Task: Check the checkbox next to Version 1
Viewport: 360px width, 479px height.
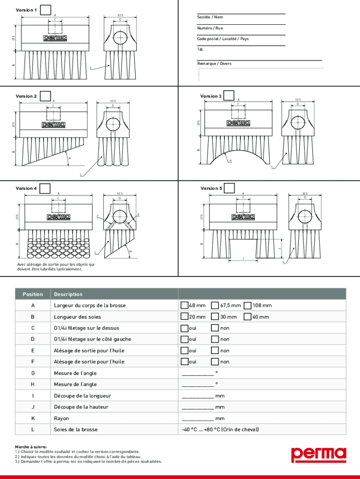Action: click(46, 10)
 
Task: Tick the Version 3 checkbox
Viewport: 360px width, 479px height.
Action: click(229, 95)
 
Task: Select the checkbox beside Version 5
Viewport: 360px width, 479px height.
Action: click(230, 188)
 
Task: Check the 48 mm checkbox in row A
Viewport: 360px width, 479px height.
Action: click(185, 305)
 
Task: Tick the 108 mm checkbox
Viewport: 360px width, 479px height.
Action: click(248, 305)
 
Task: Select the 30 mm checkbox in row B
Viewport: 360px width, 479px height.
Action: click(215, 317)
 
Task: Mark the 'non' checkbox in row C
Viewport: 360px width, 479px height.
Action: click(215, 328)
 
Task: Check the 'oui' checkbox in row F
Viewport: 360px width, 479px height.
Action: click(185, 362)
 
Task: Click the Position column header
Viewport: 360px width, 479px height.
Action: click(33, 294)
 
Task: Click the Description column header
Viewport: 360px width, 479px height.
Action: click(68, 294)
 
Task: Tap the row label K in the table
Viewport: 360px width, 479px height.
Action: click(33, 418)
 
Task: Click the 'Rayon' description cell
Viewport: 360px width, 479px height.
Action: click(61, 418)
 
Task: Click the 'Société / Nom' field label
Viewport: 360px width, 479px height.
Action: click(210, 17)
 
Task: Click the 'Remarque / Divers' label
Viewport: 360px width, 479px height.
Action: click(214, 64)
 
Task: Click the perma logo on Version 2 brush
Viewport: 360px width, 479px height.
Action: click(53, 124)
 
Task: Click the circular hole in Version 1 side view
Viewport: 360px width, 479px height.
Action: click(120, 38)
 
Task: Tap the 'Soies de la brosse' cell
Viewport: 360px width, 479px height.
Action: click(76, 429)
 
